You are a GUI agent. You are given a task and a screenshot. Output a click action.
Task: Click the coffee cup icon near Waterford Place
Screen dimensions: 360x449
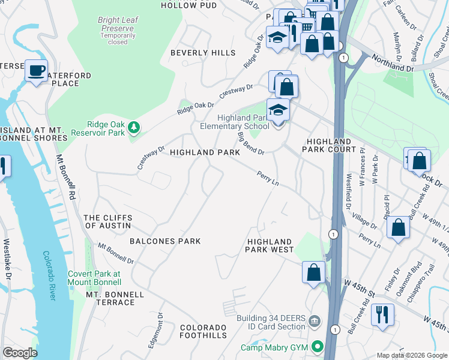tap(36, 71)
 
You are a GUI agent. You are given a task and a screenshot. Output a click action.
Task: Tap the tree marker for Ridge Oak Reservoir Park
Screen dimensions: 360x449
tap(133, 127)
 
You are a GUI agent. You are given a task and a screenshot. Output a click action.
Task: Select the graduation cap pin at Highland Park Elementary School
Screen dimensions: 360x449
tap(278, 110)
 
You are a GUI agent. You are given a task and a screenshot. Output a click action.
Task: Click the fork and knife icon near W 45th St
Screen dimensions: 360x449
tap(382, 314)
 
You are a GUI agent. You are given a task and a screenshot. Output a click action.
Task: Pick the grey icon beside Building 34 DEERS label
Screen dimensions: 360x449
tap(314, 322)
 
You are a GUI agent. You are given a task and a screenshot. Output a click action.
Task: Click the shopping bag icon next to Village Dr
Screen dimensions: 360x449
tap(398, 228)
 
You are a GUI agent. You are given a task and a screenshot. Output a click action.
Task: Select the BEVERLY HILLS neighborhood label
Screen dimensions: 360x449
tap(203, 53)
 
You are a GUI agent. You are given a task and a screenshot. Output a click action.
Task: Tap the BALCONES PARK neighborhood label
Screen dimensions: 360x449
tap(164, 241)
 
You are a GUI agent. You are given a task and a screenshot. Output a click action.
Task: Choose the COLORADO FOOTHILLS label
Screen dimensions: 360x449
tap(203, 332)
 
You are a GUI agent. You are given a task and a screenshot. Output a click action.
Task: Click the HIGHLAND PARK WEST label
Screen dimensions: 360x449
tap(270, 245)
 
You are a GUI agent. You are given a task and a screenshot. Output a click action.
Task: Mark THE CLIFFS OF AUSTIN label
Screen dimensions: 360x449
tap(107, 221)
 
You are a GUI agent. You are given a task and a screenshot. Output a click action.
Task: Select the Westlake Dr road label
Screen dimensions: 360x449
tap(7, 260)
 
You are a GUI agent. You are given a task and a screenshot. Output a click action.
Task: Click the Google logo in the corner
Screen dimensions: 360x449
tap(20, 353)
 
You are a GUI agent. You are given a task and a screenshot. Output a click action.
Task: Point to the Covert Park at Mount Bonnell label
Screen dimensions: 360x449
tap(93, 278)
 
